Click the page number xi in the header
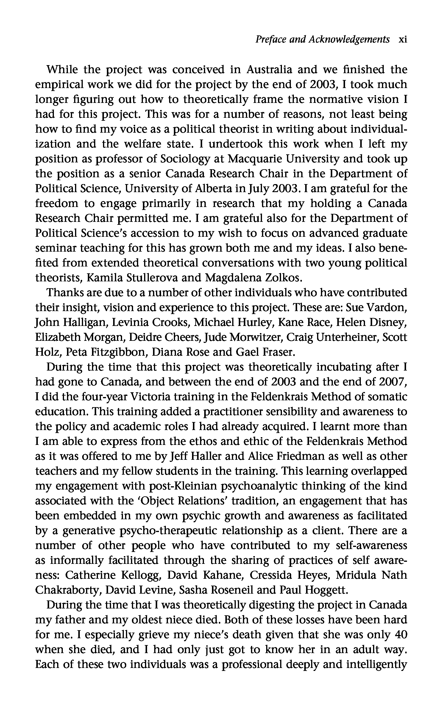403,40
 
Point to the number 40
400,635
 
